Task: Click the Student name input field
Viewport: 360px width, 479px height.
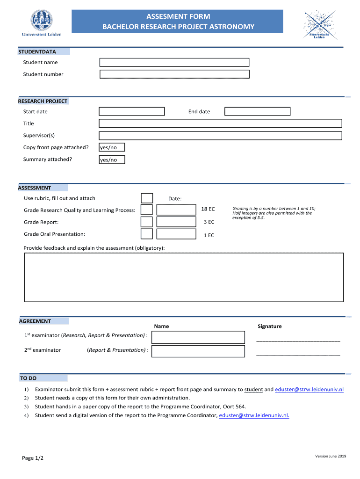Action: click(x=174, y=63)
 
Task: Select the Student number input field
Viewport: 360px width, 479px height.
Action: click(x=174, y=74)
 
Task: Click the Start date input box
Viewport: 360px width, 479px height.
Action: click(x=131, y=111)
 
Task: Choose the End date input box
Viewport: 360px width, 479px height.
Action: click(x=257, y=111)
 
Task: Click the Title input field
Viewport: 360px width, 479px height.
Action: click(x=220, y=123)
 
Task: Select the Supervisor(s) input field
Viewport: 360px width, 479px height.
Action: click(x=220, y=136)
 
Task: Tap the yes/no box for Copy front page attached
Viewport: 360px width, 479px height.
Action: click(x=112, y=147)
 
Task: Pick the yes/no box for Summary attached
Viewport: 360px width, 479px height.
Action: click(x=112, y=160)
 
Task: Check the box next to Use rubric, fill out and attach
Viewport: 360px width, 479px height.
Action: click(x=147, y=198)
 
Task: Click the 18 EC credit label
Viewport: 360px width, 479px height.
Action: click(x=208, y=209)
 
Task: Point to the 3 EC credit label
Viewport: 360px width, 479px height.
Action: click(x=209, y=222)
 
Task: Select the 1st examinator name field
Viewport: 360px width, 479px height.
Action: click(x=198, y=337)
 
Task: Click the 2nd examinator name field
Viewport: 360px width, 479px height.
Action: click(x=198, y=351)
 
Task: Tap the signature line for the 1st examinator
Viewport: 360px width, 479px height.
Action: click(x=298, y=340)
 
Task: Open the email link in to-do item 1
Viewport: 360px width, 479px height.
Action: click(x=309, y=389)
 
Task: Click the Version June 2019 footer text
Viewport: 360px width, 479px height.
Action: click(x=331, y=456)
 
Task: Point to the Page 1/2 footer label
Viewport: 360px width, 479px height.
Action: click(x=33, y=458)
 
